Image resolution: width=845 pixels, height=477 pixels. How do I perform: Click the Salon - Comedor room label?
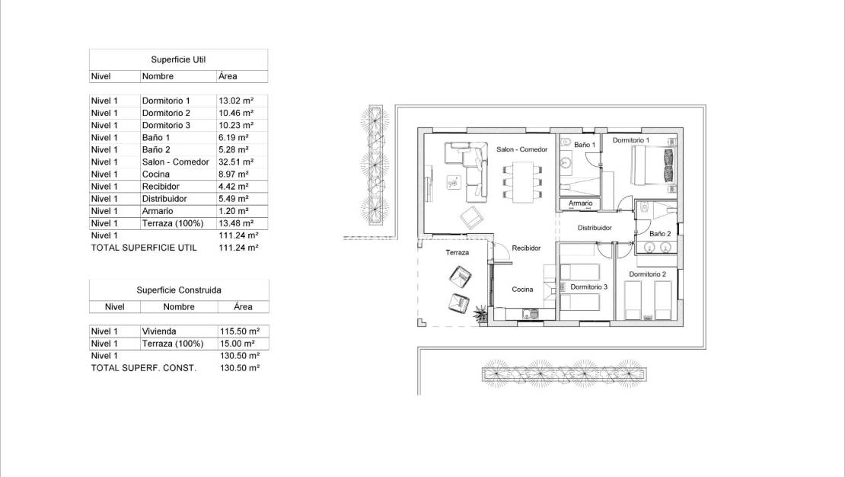click(521, 149)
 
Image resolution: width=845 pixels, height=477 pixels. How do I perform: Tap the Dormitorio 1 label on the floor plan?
click(631, 140)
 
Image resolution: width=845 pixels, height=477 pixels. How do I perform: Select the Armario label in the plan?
click(578, 203)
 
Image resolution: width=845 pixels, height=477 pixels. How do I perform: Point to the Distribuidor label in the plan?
click(595, 228)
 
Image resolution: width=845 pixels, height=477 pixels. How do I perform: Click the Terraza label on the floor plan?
click(457, 252)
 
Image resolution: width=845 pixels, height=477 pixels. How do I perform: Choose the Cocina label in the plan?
click(522, 290)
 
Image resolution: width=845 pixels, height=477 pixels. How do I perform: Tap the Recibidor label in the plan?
click(526, 248)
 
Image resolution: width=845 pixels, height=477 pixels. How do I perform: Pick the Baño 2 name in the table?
click(156, 150)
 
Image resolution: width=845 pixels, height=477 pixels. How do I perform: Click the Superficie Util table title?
click(179, 59)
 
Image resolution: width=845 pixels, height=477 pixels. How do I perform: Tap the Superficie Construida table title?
click(179, 290)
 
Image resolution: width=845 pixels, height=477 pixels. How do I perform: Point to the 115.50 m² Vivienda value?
click(239, 331)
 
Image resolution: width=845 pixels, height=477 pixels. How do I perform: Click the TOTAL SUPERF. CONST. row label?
click(144, 368)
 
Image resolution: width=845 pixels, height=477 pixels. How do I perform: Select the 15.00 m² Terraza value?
click(238, 344)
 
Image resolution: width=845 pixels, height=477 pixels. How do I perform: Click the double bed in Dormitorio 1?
click(653, 165)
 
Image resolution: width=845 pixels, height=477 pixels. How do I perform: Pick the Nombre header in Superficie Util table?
click(158, 76)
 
